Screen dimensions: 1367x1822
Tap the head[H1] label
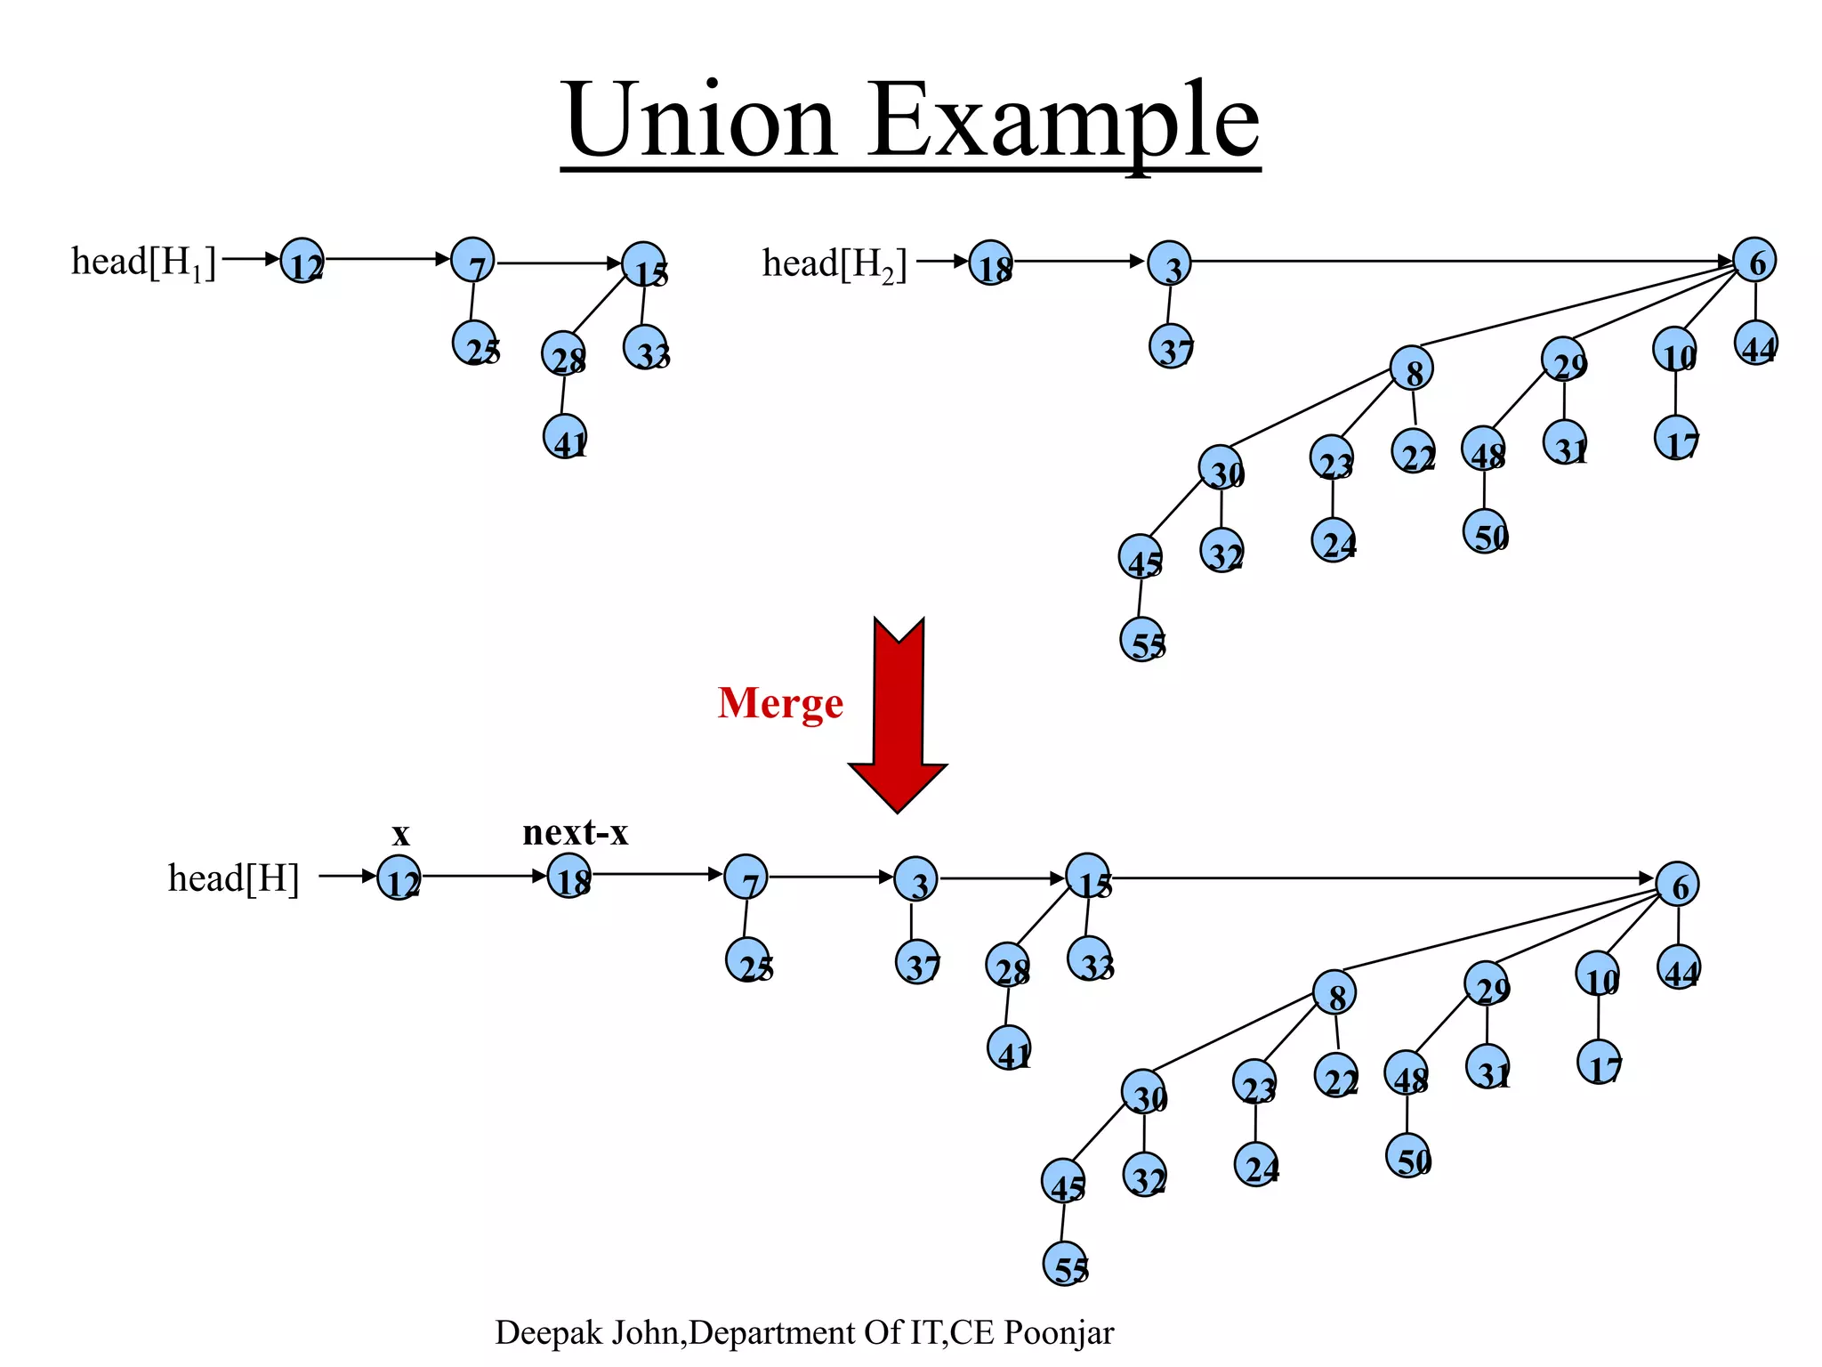143,263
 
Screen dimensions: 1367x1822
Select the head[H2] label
834,264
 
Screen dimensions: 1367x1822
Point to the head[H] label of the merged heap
233,878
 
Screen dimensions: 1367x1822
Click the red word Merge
780,703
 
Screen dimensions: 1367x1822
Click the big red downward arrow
899,712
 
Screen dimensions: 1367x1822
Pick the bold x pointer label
401,834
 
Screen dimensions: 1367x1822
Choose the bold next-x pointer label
575,832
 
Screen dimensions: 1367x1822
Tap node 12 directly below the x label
399,878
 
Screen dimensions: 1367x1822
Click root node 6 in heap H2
1754,261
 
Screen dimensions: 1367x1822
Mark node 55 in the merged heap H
1066,1264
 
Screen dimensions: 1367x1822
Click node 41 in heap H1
566,438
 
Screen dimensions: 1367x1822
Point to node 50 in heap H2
1486,532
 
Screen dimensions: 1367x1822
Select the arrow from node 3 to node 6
1459,262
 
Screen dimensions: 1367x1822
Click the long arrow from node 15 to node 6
1379,878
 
